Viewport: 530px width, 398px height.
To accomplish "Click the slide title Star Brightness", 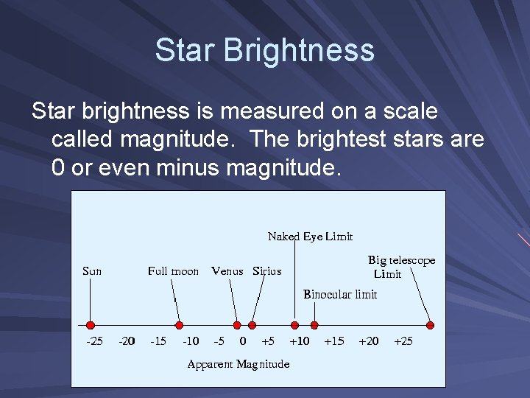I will [264, 51].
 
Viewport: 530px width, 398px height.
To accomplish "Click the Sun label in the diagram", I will [92, 271].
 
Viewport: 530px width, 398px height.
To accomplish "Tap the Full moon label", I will [173, 271].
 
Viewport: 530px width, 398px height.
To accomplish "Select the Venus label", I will [228, 271].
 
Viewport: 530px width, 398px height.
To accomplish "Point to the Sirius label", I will [266, 271].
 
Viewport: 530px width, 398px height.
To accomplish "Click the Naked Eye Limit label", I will [310, 237].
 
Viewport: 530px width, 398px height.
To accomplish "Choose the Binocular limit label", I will [340, 295].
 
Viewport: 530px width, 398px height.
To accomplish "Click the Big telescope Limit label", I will [400, 267].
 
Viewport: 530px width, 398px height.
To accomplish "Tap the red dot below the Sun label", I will [91, 325].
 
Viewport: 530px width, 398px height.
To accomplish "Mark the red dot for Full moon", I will [179, 325].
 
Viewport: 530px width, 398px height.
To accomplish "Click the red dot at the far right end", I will [431, 325].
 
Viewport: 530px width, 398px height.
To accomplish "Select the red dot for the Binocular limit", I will [314, 325].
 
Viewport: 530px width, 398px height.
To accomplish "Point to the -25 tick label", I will [94, 341].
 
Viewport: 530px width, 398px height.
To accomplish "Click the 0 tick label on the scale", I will [243, 341].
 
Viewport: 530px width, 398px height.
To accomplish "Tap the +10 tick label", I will [299, 341].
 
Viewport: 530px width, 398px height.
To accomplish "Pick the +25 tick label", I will [404, 341].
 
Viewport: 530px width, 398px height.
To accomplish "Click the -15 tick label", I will [158, 341].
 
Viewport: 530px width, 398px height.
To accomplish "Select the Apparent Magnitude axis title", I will [239, 364].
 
